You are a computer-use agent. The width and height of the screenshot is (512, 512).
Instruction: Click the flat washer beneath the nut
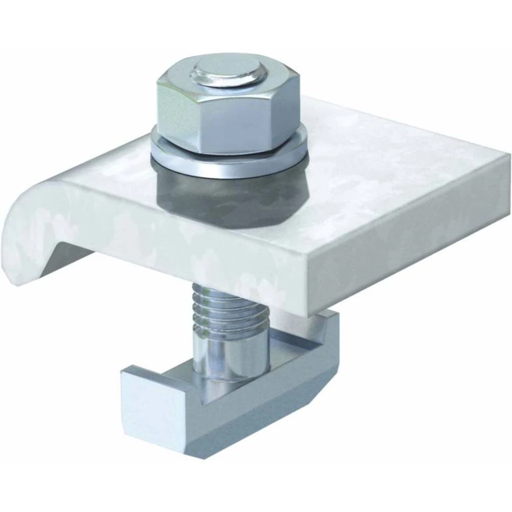[230, 154]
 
